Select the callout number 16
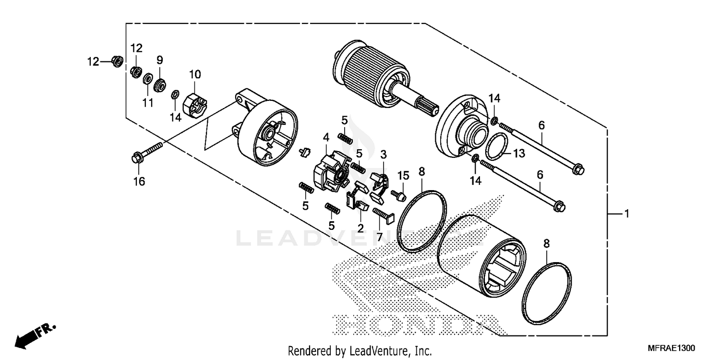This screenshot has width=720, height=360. coord(139,181)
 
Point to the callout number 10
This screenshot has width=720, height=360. coord(194,74)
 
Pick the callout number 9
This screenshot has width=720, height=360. coord(160,60)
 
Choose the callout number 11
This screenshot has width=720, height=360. coord(147,102)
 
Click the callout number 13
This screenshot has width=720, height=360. coord(519,154)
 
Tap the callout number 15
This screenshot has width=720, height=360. coord(402,175)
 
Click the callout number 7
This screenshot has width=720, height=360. coord(379,237)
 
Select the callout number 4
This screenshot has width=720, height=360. coord(326,137)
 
